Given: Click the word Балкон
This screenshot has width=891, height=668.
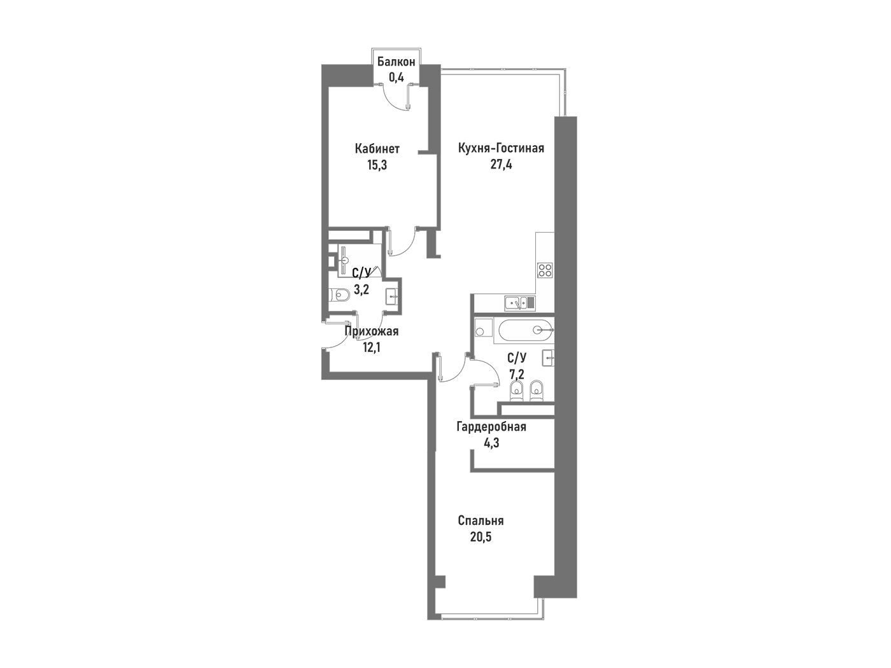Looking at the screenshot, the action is tap(396, 62).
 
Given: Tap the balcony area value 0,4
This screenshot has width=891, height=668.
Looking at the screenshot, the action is tap(396, 77).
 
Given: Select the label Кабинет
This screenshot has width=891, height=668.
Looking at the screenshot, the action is tap(377, 148).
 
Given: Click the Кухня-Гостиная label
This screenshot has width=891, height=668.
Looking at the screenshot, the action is tap(501, 148).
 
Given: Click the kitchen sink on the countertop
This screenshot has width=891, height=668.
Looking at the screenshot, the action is tap(519, 303).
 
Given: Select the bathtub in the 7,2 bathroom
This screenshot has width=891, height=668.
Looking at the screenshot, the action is tap(524, 331).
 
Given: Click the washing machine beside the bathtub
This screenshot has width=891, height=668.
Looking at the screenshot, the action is tap(482, 328).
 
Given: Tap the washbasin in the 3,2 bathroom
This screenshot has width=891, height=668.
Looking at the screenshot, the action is tap(391, 297).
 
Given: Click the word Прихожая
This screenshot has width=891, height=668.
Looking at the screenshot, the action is tap(372, 331).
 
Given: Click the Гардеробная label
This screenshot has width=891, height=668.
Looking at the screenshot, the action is tap(491, 427).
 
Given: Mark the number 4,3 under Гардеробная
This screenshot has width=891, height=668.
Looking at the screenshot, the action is tap(491, 443).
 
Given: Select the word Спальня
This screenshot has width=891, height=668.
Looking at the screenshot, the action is tap(481, 520).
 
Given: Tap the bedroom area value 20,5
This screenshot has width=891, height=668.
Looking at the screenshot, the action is tap(481, 538).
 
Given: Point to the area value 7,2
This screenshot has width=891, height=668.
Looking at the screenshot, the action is tap(517, 373).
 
